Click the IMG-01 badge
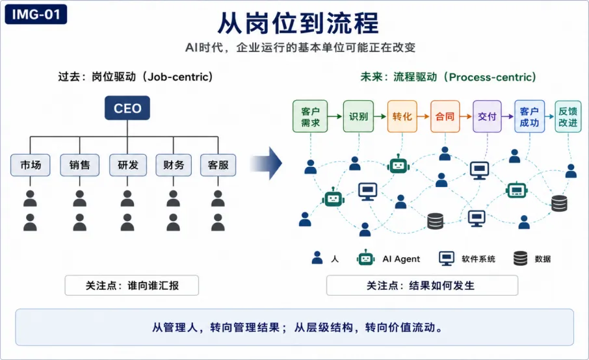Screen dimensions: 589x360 coord(36,14)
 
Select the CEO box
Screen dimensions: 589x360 coord(127,108)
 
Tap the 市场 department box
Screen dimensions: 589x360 coord(31,165)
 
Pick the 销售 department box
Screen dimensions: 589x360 coord(79,165)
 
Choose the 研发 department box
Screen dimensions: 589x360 coord(127,165)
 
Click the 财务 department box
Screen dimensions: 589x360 coord(174,165)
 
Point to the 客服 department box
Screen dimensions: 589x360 coord(218,165)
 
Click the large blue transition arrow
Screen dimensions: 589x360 coord(266,163)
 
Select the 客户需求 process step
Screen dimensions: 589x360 coord(310,116)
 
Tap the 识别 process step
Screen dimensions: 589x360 coord(358,116)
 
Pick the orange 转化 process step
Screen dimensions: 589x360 coord(402,116)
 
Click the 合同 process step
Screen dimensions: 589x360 coord(445,116)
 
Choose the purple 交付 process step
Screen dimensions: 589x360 coord(487,116)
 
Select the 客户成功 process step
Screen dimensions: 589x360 coord(530,116)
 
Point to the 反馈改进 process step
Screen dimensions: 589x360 coord(568,116)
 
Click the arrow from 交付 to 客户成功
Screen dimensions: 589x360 coord(508,116)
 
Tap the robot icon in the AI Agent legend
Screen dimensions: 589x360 coord(365,258)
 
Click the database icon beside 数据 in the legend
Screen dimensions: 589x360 coord(521,258)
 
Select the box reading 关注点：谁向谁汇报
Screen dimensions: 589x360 coord(132,285)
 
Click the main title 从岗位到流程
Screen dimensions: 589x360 coord(298,23)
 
